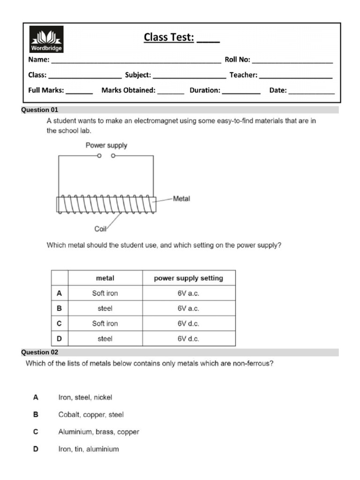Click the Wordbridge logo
point(46,39)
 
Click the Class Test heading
point(181,37)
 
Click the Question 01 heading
point(40,110)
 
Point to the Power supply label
point(106,145)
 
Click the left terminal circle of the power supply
point(99,156)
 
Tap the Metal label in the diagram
point(181,199)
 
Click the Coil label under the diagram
point(100,229)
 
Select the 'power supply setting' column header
point(188,278)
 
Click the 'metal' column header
point(105,278)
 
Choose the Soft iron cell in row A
point(105,293)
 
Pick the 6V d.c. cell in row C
point(188,323)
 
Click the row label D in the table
point(59,338)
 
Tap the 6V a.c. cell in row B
point(188,308)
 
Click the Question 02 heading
point(40,352)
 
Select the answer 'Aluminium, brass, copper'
point(98,432)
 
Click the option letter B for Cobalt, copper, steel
point(36,414)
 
